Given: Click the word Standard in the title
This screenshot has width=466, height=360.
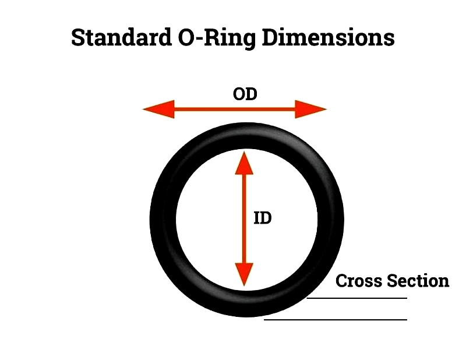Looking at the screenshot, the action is pos(122,37).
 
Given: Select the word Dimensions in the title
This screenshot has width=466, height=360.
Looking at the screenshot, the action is pos(329,37).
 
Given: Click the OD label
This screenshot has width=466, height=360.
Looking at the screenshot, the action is pos(245,94).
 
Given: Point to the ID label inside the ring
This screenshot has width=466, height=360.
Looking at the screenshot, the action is pos(263,218).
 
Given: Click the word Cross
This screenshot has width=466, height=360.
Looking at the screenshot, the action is pos(358,281).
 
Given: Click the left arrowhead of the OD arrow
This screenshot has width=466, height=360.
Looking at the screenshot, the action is pos(158,109).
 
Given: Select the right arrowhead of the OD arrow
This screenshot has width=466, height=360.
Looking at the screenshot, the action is pos(311,109).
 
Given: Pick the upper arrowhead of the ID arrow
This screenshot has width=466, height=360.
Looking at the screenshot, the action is pos(244,163).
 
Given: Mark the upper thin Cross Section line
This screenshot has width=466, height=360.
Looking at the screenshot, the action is pos(356,298).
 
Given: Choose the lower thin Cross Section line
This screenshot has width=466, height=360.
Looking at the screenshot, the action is pos(336,320).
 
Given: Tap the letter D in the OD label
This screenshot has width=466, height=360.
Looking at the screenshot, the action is pos(252,94).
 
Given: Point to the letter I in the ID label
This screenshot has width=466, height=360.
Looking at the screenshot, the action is pos(256,218).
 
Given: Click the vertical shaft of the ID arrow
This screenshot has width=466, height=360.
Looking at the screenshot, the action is pos(244,218).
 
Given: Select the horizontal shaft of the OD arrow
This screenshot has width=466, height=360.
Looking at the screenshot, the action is pos(235,109).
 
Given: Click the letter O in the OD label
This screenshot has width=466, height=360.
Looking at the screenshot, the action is pos(239,94).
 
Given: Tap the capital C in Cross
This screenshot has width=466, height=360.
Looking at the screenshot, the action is pos(342,281).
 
